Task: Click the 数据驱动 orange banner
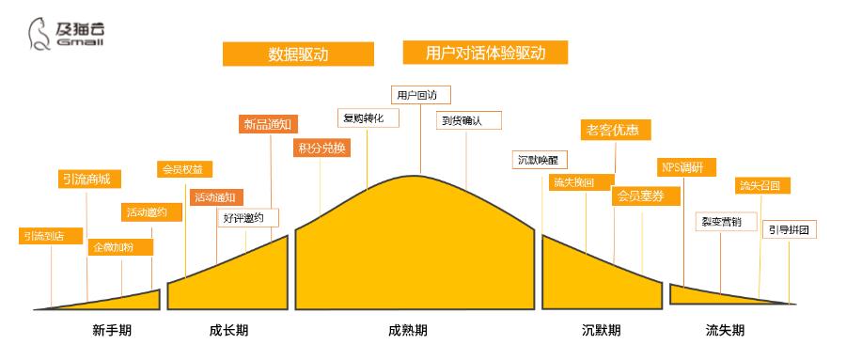[297, 54]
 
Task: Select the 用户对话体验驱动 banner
[485, 53]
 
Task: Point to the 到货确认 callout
[468, 120]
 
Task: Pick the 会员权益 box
[184, 169]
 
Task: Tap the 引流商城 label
[86, 180]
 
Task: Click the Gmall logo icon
[39, 35]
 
